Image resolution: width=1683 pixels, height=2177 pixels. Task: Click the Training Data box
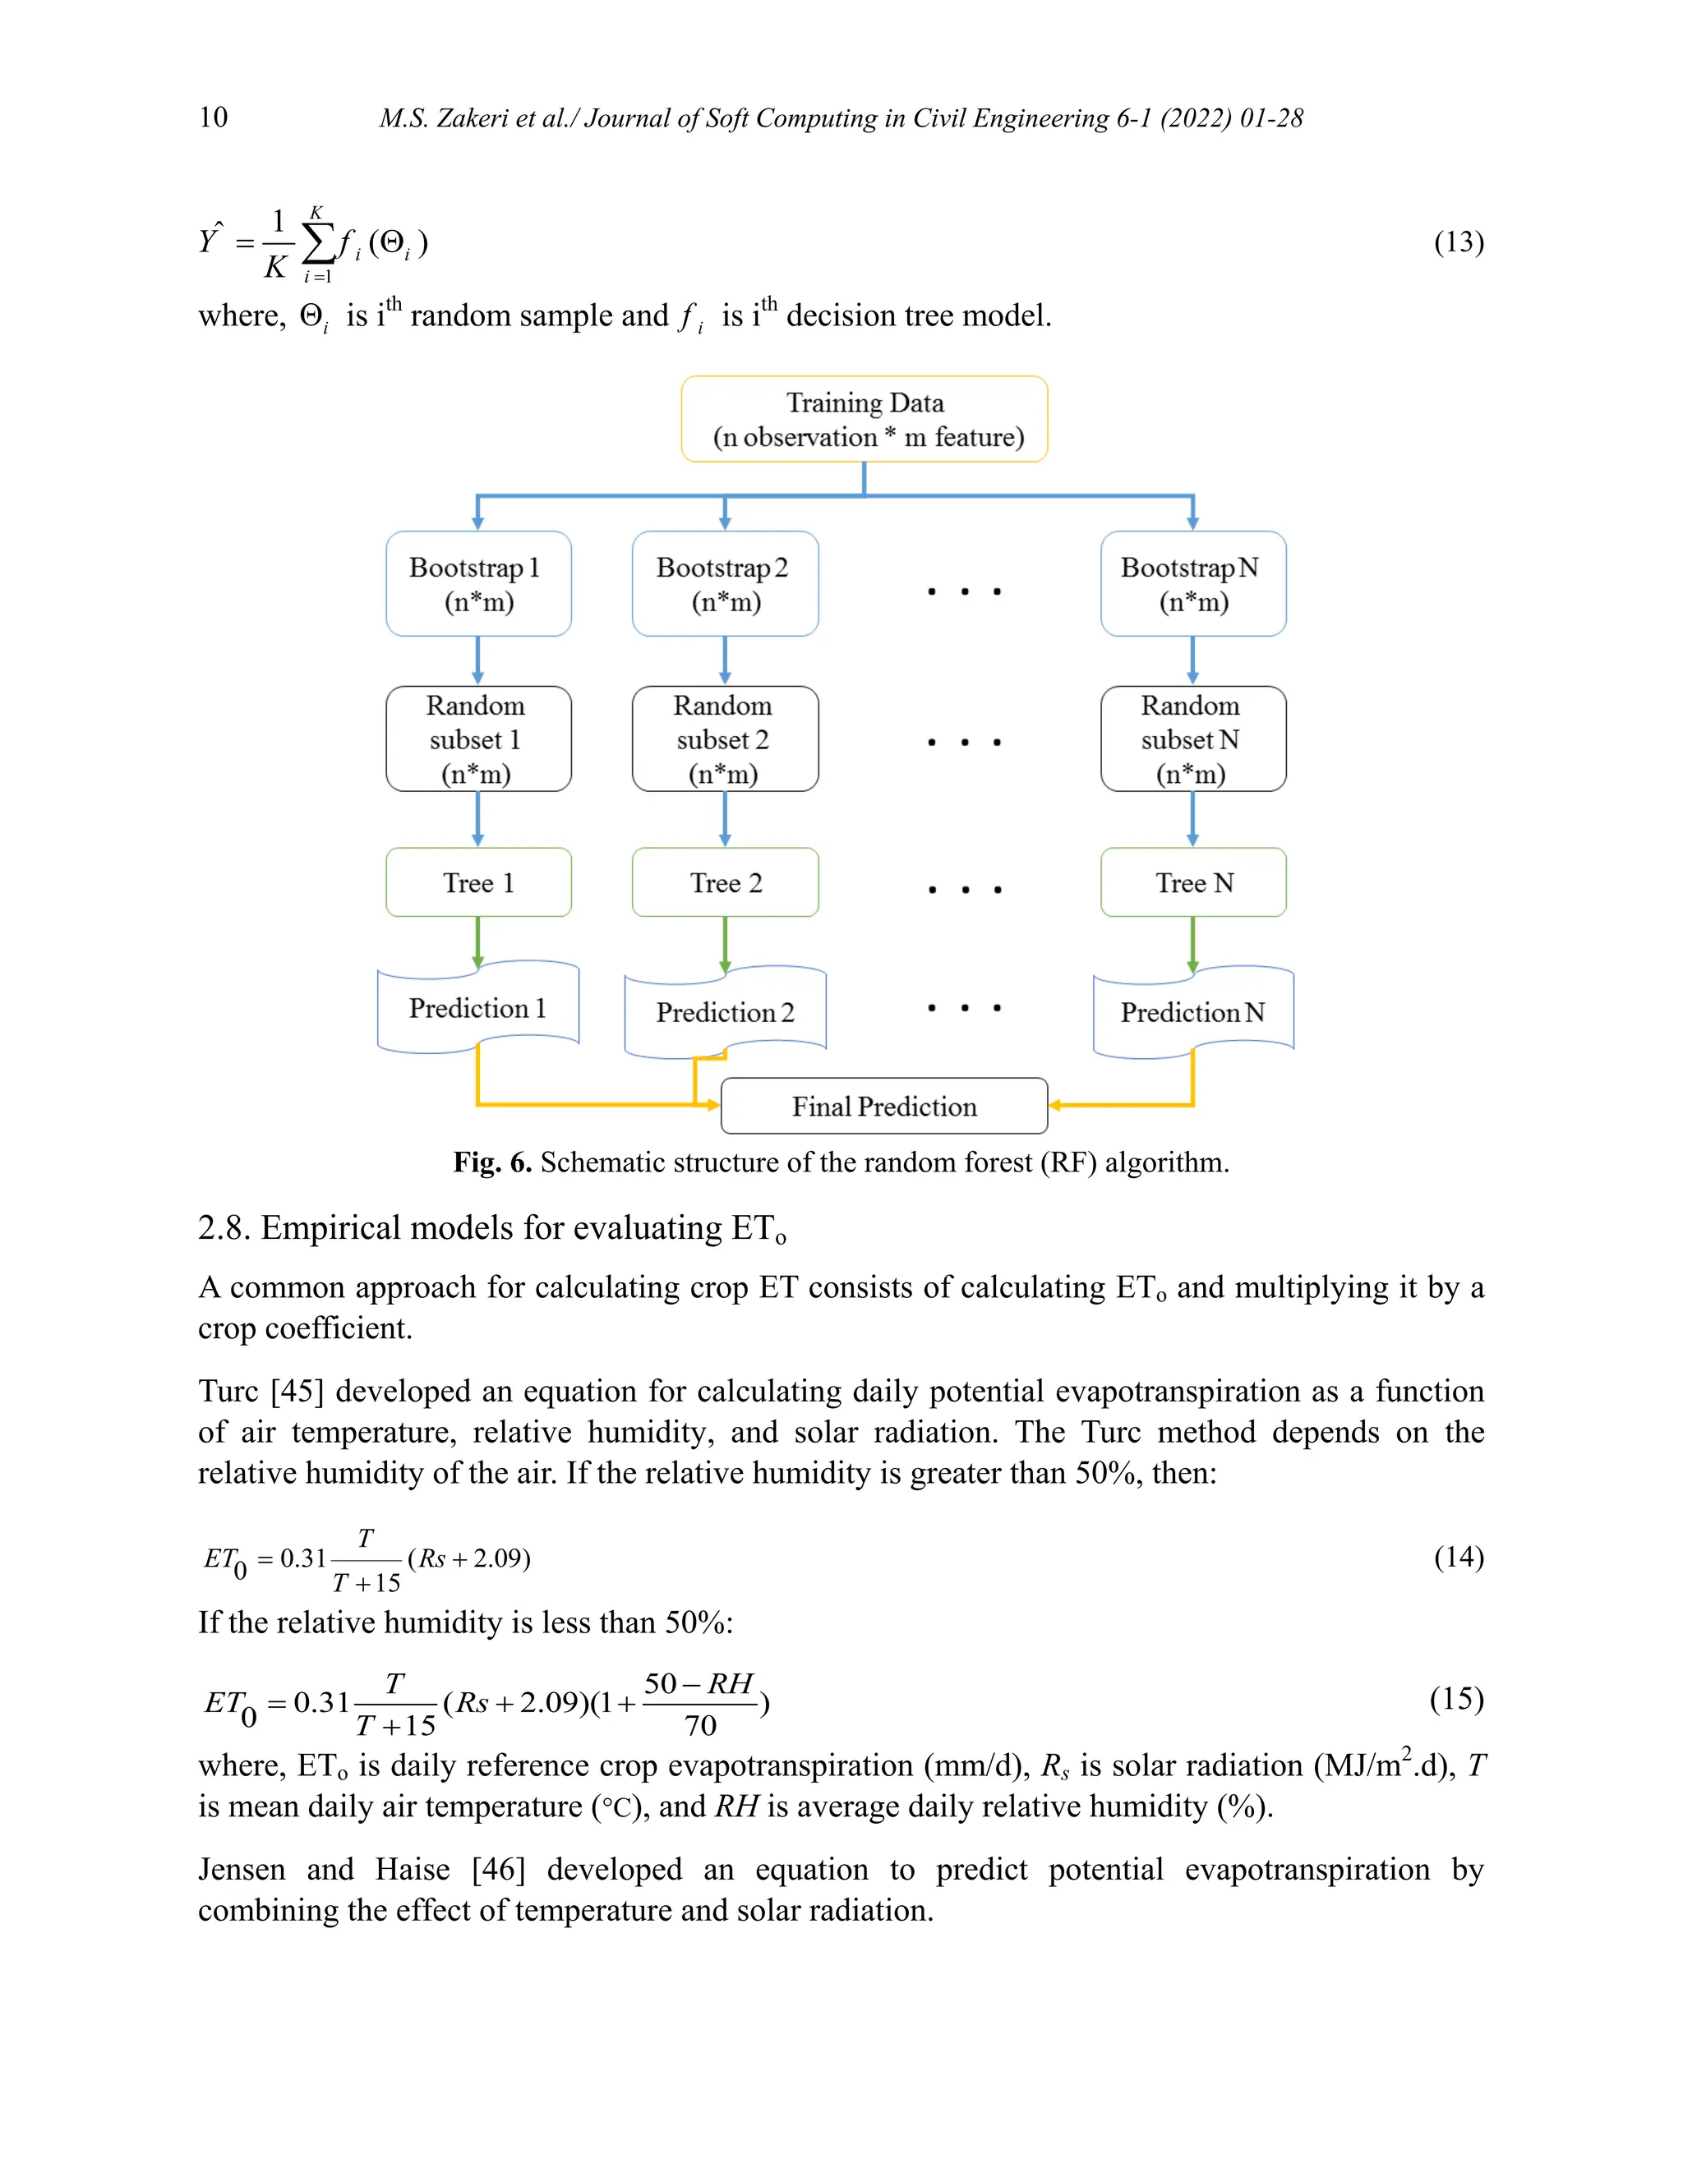pos(864,419)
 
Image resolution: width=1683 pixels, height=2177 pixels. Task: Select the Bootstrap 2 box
pos(725,583)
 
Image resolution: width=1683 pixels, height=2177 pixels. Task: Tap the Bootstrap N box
pos(1192,583)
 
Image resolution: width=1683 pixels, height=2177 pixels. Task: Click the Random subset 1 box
pos(477,739)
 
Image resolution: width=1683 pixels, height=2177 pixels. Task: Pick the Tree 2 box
pos(725,882)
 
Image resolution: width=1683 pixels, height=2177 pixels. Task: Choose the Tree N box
pos(1192,882)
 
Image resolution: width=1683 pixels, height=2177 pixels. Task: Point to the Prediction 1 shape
pos(477,1008)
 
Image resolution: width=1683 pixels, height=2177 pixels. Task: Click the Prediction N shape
pos(1192,1012)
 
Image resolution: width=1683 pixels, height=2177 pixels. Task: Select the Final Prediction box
pos(883,1106)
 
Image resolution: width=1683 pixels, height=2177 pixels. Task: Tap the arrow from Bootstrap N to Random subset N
pos(1192,660)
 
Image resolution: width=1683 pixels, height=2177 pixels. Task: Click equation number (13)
pos(1458,242)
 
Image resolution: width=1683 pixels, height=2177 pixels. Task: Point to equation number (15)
pos(1455,1699)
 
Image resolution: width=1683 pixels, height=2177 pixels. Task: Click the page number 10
pos(214,117)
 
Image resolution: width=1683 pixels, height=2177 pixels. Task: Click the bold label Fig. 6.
pos(491,1162)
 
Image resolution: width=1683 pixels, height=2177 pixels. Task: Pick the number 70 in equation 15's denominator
pos(700,1725)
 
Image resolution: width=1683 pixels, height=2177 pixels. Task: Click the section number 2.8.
pos(224,1228)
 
